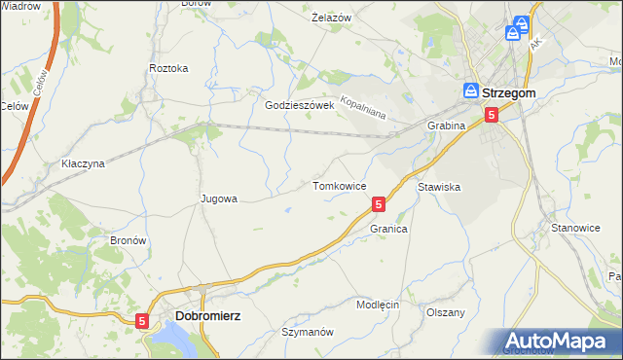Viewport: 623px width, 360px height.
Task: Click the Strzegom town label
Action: (509, 91)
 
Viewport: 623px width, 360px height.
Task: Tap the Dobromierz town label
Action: (208, 316)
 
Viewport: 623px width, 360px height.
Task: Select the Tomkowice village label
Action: (339, 185)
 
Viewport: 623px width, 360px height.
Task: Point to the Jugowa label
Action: (219, 198)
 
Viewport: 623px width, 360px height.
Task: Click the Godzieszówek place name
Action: (300, 105)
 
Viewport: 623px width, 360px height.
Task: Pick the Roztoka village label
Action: (168, 68)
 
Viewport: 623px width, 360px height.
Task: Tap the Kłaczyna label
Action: (83, 163)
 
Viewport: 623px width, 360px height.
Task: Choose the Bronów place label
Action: (128, 239)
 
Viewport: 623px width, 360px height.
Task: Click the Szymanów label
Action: (308, 332)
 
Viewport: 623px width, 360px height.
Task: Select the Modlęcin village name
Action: (378, 305)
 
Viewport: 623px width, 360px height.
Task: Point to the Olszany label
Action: (446, 312)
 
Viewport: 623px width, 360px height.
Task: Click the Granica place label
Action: (387, 229)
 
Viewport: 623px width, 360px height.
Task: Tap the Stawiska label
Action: (438, 185)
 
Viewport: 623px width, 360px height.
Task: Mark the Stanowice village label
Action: (575, 228)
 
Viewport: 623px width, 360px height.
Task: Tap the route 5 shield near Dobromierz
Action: (143, 320)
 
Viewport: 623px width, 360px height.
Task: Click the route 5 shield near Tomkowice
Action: (379, 204)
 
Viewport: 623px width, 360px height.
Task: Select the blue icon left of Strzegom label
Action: (469, 91)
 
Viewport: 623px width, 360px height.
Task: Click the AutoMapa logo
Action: (559, 342)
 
